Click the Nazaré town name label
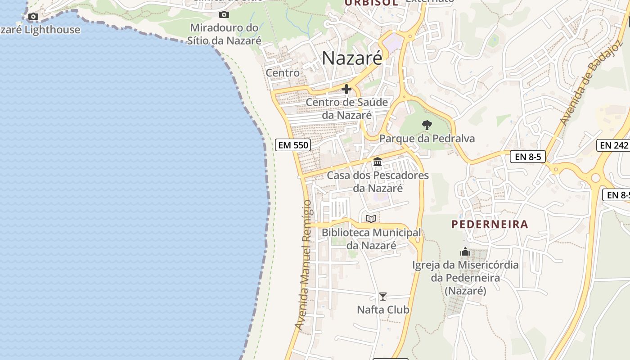[x=352, y=58]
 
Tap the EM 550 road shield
[x=293, y=145]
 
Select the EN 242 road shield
[x=613, y=145]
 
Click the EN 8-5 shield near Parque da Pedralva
[x=528, y=157]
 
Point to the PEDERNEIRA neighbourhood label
[x=490, y=224]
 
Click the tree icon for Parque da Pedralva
[x=427, y=125]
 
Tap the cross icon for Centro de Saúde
[x=346, y=89]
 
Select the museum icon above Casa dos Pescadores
[x=378, y=162]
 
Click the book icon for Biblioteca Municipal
[x=371, y=219]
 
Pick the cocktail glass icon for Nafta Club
[x=382, y=297]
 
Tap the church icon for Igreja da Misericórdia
[x=465, y=251]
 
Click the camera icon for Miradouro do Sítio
[x=224, y=15]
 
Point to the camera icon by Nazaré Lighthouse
[x=33, y=17]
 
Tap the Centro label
[x=283, y=72]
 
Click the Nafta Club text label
[x=383, y=310]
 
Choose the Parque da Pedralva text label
[x=427, y=138]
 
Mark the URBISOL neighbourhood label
[x=371, y=3]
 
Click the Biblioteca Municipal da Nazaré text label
[x=371, y=239]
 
